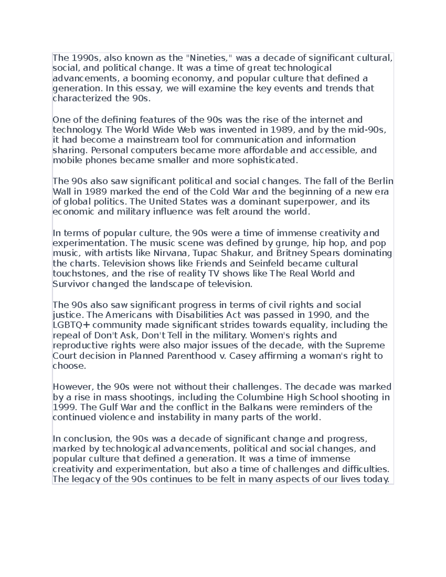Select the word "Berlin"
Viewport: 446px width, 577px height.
(x=381, y=181)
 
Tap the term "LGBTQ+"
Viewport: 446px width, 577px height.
(x=71, y=325)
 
